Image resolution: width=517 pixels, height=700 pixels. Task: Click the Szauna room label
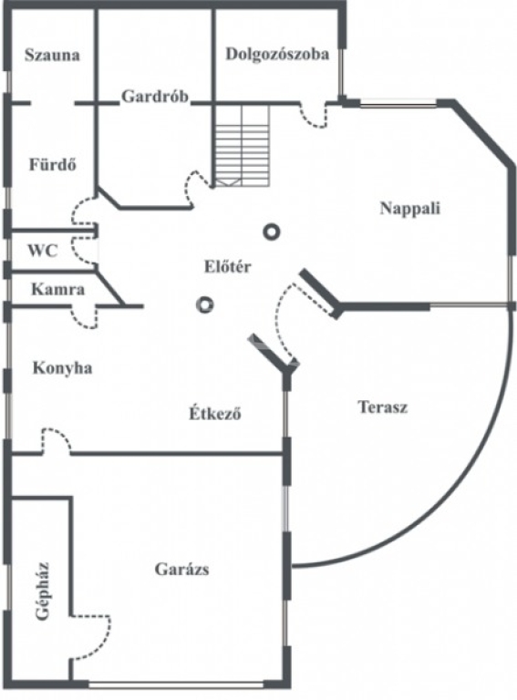click(52, 55)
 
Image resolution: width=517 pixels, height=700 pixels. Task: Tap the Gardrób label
click(155, 97)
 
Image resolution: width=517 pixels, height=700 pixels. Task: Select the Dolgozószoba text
click(277, 54)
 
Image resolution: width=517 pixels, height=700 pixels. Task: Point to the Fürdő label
click(53, 164)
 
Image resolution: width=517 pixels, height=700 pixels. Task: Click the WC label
click(43, 251)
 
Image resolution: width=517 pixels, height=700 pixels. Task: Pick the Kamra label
click(58, 289)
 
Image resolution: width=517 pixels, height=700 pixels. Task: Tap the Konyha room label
click(63, 368)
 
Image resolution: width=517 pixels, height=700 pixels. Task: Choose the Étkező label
click(215, 413)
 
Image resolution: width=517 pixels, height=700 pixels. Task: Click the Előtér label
click(228, 266)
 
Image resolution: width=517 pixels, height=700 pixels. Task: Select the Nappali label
click(409, 209)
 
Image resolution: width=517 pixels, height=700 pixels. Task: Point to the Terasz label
click(383, 407)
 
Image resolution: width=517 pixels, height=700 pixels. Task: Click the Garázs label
click(181, 569)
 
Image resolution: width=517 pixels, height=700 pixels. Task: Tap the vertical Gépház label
click(43, 591)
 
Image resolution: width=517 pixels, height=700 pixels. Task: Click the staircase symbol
click(241, 146)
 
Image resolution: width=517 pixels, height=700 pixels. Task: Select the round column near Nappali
click(271, 232)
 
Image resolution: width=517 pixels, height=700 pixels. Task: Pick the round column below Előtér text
click(204, 305)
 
